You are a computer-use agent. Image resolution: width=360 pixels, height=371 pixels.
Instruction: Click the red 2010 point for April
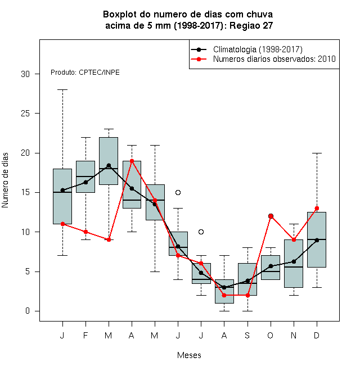(132, 161)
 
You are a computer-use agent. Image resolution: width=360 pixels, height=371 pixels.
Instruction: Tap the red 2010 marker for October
(271, 216)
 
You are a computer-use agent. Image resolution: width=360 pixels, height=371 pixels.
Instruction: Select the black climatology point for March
(109, 165)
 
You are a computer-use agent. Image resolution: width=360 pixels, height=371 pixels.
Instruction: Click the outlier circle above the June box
(178, 193)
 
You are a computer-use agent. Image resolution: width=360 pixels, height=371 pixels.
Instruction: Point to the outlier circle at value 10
(201, 232)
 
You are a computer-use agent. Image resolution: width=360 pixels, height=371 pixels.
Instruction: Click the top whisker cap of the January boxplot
(62, 90)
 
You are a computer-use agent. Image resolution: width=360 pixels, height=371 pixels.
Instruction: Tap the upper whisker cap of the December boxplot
(317, 153)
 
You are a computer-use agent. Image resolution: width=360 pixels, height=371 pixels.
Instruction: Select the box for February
(85, 177)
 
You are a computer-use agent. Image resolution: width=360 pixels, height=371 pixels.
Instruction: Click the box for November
(294, 264)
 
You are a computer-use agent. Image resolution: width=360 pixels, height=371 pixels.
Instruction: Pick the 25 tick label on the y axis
(25, 114)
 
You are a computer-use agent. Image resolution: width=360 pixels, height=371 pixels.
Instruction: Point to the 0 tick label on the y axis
(28, 311)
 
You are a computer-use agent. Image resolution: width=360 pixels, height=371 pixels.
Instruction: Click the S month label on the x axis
(247, 336)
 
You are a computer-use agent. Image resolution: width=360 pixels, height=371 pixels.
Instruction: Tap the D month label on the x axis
(317, 336)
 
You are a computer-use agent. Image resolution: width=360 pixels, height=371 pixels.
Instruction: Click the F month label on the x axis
(85, 336)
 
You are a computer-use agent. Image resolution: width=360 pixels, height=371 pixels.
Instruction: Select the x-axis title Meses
(189, 355)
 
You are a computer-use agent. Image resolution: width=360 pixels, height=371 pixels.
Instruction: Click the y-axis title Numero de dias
(5, 180)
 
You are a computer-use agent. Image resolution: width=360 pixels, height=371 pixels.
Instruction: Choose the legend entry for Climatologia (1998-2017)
(246, 49)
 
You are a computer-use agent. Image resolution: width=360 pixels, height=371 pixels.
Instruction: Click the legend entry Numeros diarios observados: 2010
(263, 59)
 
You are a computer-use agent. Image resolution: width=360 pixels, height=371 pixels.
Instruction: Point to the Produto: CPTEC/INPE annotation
(85, 73)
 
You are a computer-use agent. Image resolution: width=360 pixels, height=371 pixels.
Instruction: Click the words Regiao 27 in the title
(251, 25)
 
